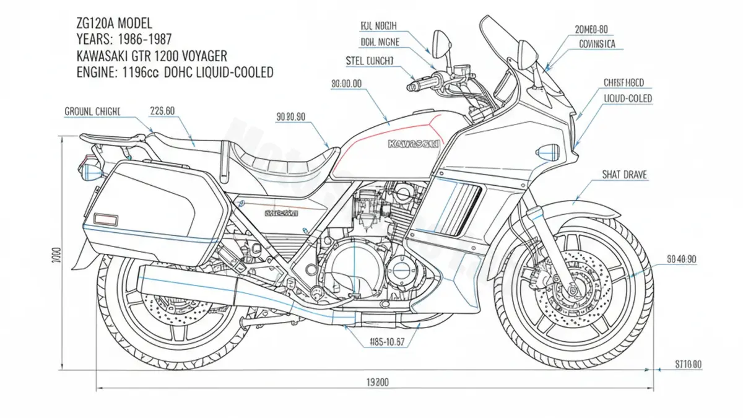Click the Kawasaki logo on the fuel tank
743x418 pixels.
tap(414, 144)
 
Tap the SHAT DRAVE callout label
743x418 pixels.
tap(624, 175)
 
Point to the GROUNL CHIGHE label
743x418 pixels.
tap(93, 111)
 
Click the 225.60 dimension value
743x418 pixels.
tap(162, 111)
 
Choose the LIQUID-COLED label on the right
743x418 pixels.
tap(627, 98)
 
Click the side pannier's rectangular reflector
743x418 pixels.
tap(106, 219)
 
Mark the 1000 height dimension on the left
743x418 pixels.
tap(56, 255)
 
